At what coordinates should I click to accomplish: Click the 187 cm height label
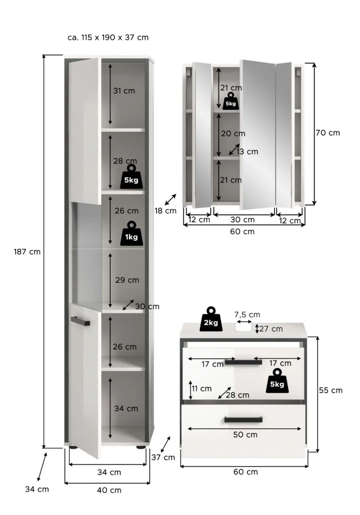tap(27, 252)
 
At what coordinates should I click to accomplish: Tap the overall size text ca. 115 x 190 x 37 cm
tap(108, 38)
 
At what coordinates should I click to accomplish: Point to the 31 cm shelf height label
tap(124, 91)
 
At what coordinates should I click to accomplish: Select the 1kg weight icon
tap(131, 234)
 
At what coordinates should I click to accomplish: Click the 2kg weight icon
tap(211, 320)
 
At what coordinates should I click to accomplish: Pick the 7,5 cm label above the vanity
tap(247, 315)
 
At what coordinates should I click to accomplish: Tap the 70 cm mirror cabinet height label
tap(328, 133)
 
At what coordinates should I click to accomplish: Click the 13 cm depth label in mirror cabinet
tap(247, 152)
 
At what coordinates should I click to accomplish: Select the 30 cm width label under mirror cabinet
tap(242, 220)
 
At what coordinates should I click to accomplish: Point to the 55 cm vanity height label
tap(331, 390)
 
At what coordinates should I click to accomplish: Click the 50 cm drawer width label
tap(245, 434)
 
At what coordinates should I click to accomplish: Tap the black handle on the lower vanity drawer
tap(243, 420)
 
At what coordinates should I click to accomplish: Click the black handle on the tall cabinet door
tap(81, 321)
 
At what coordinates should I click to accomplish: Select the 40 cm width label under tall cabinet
tap(109, 490)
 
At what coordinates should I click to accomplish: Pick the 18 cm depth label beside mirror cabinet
tap(165, 211)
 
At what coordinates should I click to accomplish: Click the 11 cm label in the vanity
tap(202, 388)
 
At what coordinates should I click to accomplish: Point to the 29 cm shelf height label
tap(127, 280)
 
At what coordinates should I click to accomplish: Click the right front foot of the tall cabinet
tap(141, 447)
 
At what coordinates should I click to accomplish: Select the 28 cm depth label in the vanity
tap(238, 395)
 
